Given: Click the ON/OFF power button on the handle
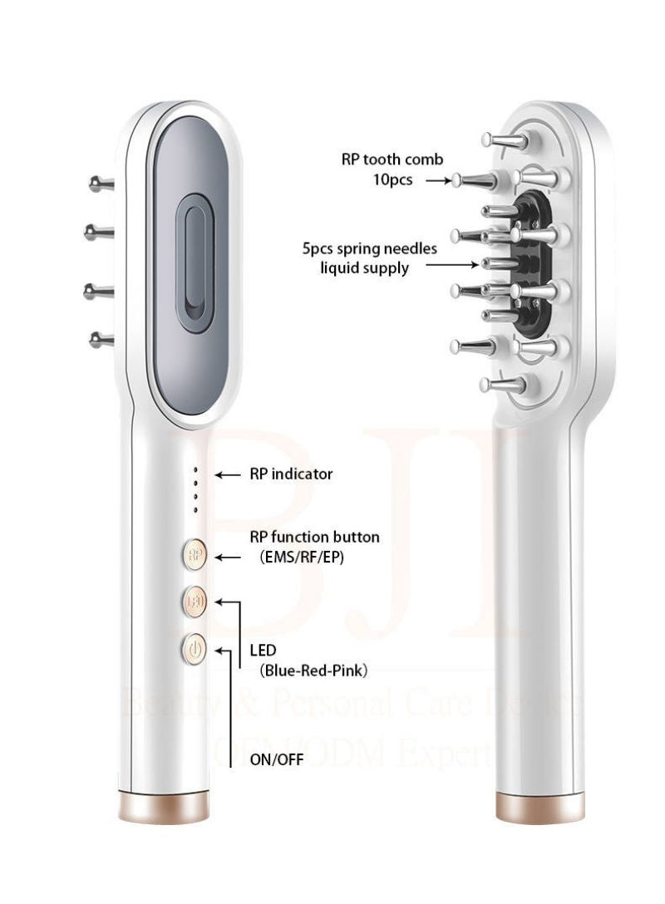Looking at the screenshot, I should [194, 649].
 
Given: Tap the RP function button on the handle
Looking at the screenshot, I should [194, 555].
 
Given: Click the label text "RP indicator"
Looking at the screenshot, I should [291, 474].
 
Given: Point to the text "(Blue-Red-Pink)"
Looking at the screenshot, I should [313, 669].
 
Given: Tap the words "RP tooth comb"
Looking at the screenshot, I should [392, 160].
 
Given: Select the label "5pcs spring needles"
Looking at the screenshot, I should [370, 248].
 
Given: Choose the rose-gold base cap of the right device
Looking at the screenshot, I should [539, 805].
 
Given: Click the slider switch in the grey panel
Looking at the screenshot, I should [195, 263].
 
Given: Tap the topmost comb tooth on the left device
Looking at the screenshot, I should [101, 183].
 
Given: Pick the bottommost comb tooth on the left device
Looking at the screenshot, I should [101, 338].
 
